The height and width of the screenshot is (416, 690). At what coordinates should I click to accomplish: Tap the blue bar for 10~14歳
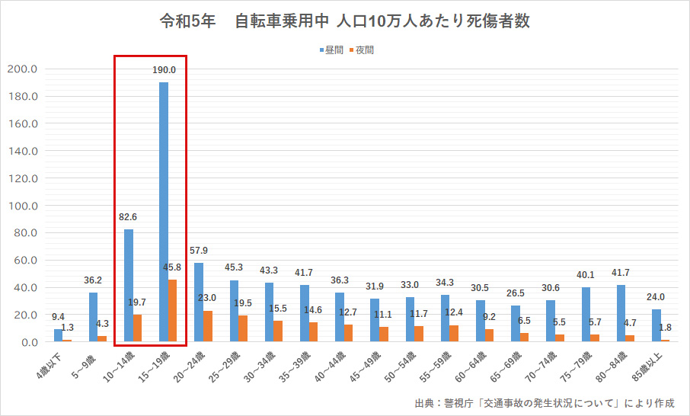point(129,286)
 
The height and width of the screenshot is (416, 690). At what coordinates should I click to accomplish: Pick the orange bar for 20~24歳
point(208,326)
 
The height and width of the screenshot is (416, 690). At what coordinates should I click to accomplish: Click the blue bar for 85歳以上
point(656,325)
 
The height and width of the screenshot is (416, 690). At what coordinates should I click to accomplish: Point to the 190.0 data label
point(164,69)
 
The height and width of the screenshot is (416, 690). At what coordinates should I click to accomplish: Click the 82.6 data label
point(128,217)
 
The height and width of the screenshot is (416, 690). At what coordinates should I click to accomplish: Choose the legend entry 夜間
point(364,50)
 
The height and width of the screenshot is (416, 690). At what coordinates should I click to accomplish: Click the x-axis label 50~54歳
point(401,366)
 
